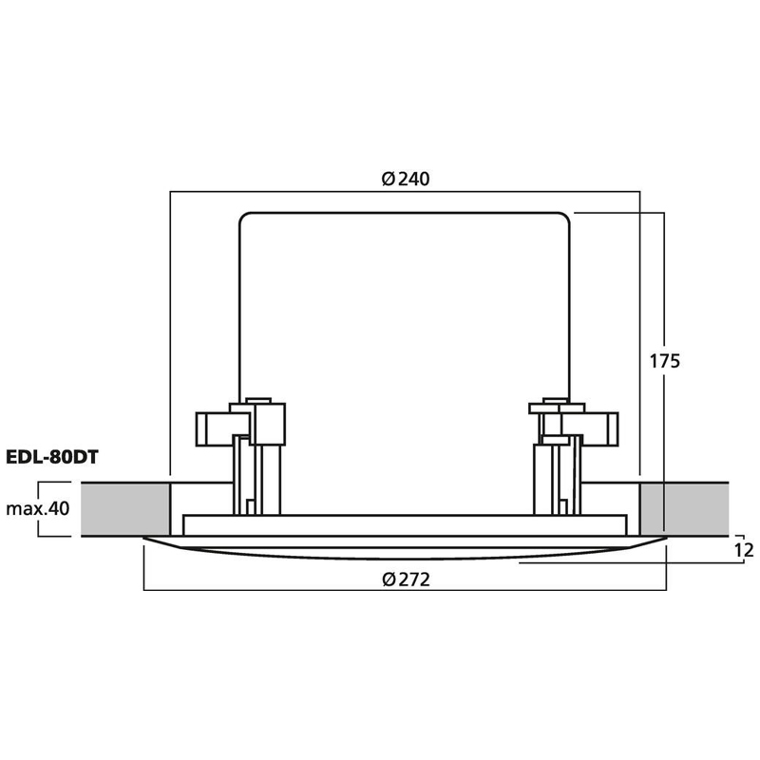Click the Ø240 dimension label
point(406,179)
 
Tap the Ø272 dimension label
point(406,579)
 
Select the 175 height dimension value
point(664,361)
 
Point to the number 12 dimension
point(744,550)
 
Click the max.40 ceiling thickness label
point(38,508)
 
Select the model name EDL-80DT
point(52,457)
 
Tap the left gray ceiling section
point(125,509)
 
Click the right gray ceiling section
point(684,509)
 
